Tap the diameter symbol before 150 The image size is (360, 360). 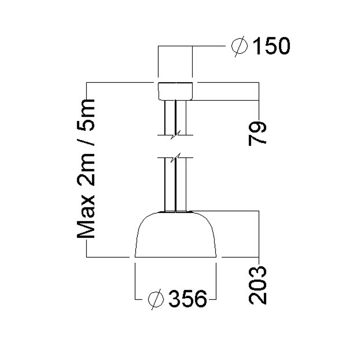click(239, 46)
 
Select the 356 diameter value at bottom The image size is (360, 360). click(188, 298)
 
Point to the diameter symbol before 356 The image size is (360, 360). click(156, 298)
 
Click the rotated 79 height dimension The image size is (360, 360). click(258, 128)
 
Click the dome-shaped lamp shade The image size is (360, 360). click(176, 236)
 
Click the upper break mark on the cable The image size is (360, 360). click(176, 135)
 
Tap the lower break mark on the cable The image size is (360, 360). click(176, 157)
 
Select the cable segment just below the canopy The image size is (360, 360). click(176, 116)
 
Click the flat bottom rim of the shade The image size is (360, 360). click(176, 256)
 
